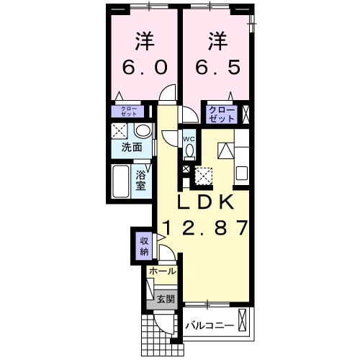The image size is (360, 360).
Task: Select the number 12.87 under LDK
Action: pos(205,229)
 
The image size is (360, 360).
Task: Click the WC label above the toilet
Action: pos(189,139)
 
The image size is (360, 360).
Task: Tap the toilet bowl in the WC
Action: pos(190,151)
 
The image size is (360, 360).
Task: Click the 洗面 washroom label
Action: pos(131,148)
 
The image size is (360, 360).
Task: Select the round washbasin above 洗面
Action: pos(143,131)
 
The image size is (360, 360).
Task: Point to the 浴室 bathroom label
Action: pos(143,179)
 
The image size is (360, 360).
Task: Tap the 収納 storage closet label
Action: pos(144,246)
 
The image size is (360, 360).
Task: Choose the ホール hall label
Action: pos(162,272)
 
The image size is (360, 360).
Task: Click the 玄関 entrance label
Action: pos(165,299)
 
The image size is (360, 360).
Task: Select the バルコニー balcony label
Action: pos(210,326)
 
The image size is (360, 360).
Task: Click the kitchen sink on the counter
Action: pos(241,174)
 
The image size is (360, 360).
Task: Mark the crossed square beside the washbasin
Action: pos(120,132)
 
